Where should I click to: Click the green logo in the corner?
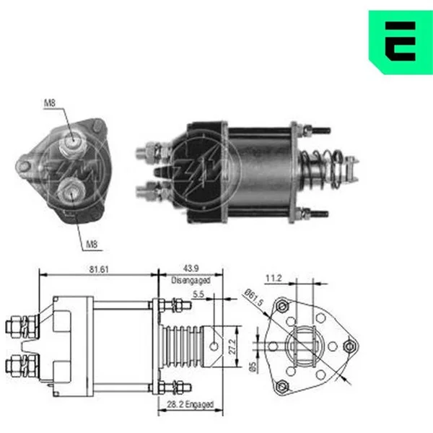[401, 42]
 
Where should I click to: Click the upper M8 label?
[50, 103]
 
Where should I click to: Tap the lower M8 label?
[92, 244]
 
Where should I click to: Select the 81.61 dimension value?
[99, 269]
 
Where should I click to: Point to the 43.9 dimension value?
[191, 268]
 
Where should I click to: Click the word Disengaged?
[191, 280]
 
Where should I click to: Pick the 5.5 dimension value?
[198, 294]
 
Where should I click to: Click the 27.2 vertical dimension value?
[232, 347]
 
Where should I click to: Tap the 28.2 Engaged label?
[191, 404]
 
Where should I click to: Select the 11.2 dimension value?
[274, 278]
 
